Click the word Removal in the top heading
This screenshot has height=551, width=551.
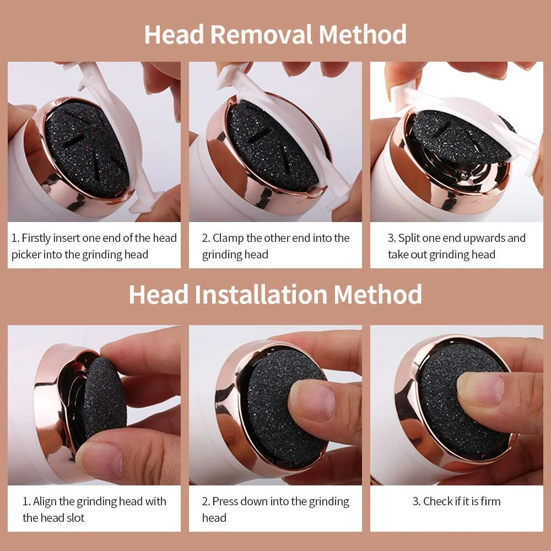261,34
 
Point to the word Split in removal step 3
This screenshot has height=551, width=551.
410,238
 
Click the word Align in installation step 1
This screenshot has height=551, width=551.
45,501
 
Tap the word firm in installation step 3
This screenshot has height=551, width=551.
489,501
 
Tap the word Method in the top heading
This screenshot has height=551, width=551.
363,34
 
